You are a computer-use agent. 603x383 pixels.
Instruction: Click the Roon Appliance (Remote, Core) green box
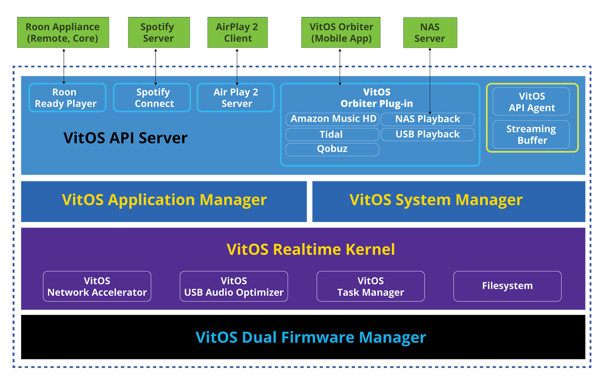[x=63, y=33]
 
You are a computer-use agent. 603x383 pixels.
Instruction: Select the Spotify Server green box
[x=159, y=33]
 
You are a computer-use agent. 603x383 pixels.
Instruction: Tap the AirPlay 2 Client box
[x=238, y=33]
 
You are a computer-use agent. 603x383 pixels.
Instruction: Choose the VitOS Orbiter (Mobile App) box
[x=341, y=33]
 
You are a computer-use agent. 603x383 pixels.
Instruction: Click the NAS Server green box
[x=430, y=33]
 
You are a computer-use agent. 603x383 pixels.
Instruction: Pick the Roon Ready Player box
[x=67, y=98]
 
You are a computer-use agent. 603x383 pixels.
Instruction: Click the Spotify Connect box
[x=152, y=98]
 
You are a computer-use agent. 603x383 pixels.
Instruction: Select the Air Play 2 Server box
[x=236, y=98]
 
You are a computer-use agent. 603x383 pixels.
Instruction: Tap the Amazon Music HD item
[x=332, y=119]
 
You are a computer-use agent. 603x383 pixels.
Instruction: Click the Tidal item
[x=332, y=134]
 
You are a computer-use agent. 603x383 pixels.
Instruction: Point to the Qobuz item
[x=332, y=149]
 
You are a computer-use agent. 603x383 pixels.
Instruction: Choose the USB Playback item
[x=428, y=134]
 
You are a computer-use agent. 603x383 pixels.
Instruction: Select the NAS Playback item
[x=428, y=119]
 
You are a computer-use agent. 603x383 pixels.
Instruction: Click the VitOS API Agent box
[x=531, y=101]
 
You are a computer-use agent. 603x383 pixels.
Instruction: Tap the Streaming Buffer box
[x=531, y=134]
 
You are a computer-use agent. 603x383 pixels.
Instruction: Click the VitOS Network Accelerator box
[x=97, y=286]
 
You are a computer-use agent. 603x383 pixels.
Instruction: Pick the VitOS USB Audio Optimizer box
[x=234, y=286]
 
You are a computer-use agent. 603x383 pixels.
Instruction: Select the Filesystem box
[x=507, y=286]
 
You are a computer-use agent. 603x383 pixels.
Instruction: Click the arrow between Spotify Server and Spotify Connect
[x=156, y=67]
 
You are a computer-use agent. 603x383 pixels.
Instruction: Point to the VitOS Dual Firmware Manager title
[x=311, y=337]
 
